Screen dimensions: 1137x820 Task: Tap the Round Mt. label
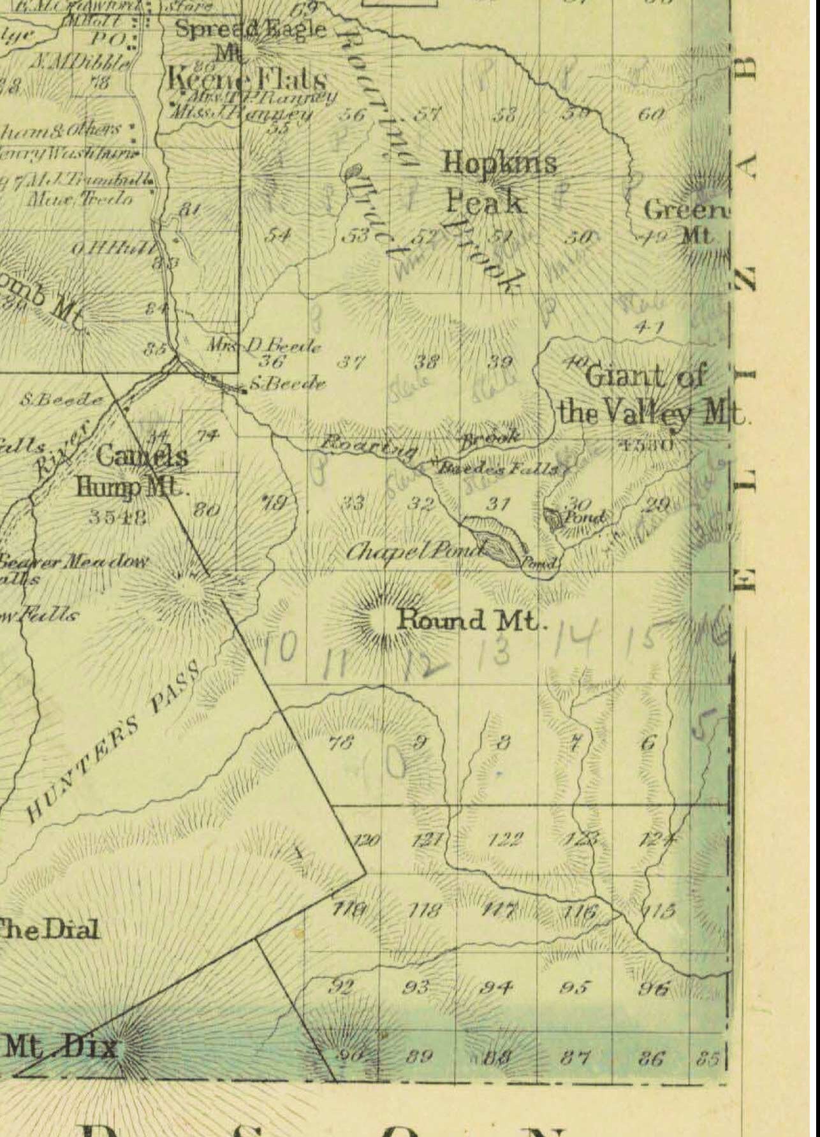coord(471,620)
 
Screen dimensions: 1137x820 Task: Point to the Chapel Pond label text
coord(414,550)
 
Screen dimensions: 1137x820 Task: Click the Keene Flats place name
coord(247,80)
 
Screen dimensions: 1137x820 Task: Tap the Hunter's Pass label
coord(115,740)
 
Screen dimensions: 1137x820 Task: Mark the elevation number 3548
coord(118,516)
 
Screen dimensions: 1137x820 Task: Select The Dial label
coord(49,929)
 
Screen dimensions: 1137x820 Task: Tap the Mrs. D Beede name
coord(263,346)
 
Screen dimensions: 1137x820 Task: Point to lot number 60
coord(652,115)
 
